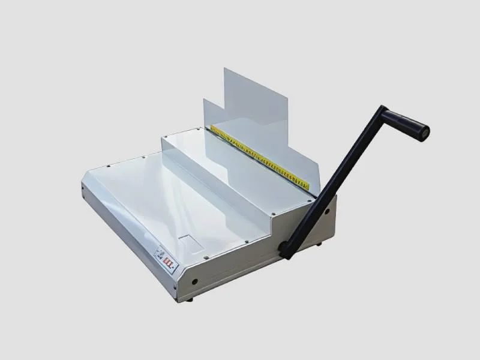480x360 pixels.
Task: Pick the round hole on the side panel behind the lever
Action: coord(327,212)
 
